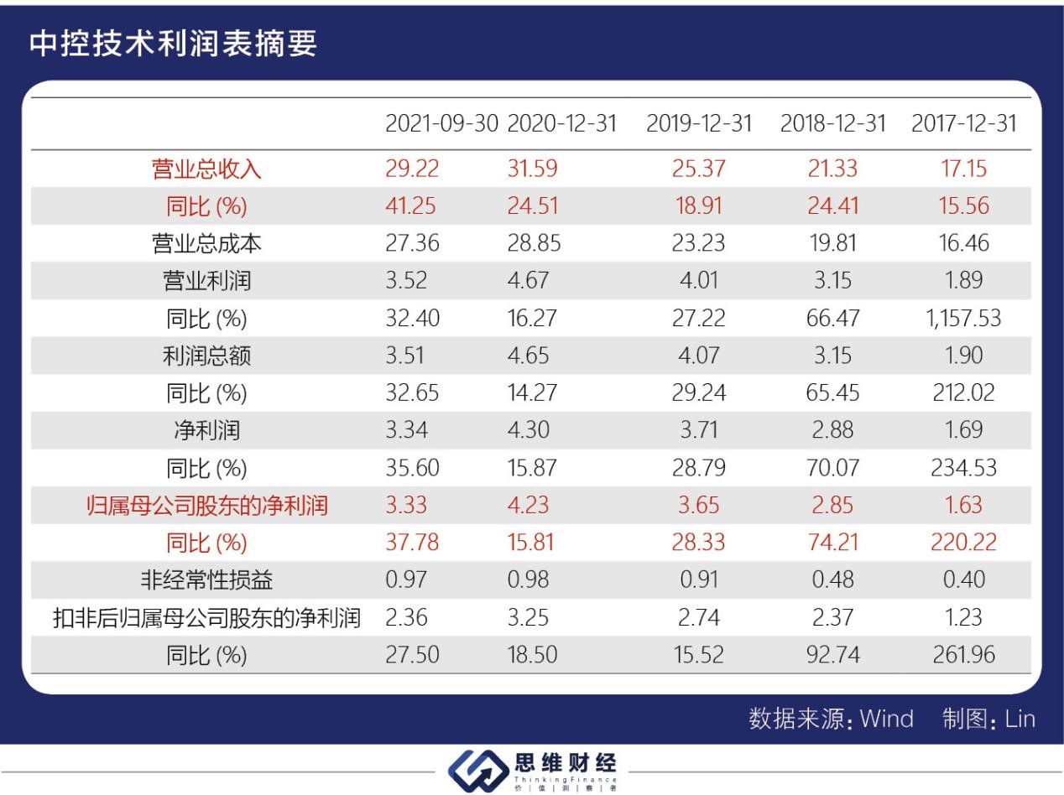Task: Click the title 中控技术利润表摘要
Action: click(x=174, y=44)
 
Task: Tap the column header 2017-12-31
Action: click(x=963, y=124)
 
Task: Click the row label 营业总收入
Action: click(x=206, y=169)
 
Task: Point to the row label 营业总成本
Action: click(x=206, y=244)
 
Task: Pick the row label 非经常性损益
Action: click(x=206, y=580)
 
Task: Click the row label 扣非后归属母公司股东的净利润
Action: click(x=206, y=618)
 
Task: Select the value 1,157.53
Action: click(x=963, y=319)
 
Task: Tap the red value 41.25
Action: click(x=412, y=206)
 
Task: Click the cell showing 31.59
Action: click(x=532, y=169)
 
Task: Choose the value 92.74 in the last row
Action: click(x=832, y=655)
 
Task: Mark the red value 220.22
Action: click(x=963, y=543)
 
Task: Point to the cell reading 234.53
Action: click(x=963, y=468)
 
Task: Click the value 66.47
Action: click(x=832, y=319)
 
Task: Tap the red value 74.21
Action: click(x=832, y=543)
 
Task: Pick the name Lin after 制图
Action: click(x=1020, y=720)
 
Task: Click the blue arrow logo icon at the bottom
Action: click(x=477, y=771)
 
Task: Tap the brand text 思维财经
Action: click(x=565, y=763)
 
